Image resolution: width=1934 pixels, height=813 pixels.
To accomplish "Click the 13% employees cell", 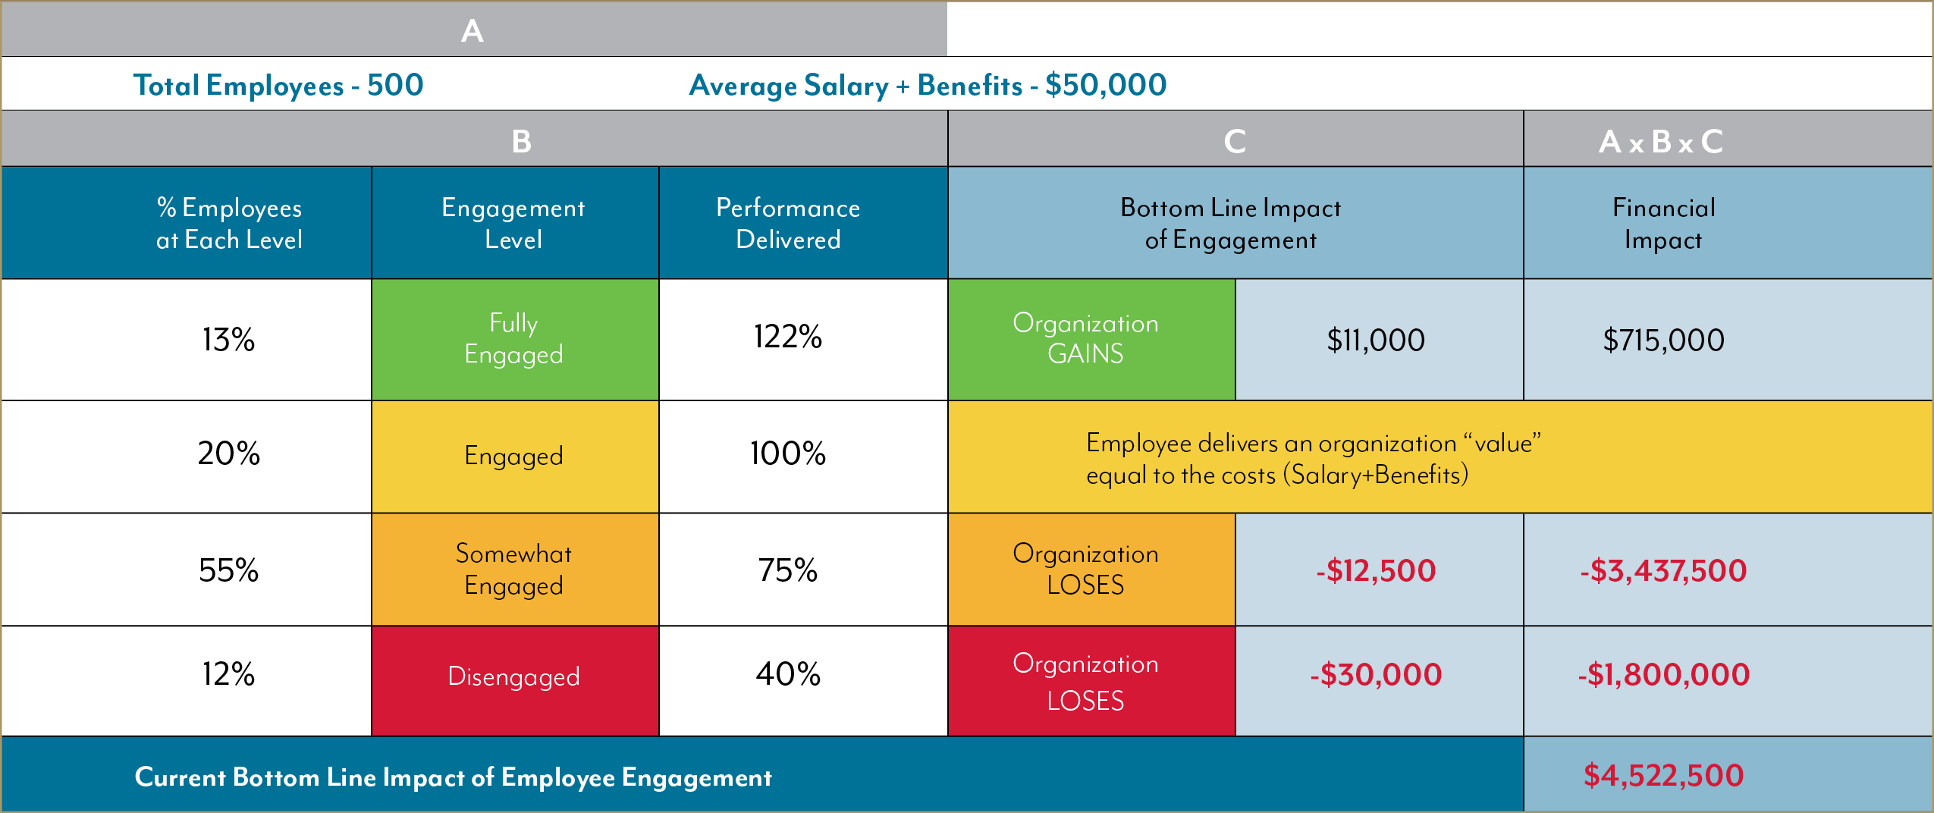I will click(x=228, y=340).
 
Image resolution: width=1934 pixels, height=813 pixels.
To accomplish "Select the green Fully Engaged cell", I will click(x=514, y=339).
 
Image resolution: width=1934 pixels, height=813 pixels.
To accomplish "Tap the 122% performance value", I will click(x=788, y=337).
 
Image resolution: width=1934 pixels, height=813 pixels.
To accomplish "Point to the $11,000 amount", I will click(x=1376, y=341).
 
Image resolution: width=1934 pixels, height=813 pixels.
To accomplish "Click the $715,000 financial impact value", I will click(x=1663, y=341).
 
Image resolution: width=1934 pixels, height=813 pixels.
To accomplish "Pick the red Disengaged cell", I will click(x=514, y=676).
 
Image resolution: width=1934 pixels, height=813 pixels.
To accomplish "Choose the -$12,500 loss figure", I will click(x=1376, y=570).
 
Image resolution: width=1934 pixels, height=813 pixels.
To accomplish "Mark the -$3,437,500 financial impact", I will click(x=1663, y=570).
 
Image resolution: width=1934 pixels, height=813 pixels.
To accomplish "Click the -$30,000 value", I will click(x=1376, y=675).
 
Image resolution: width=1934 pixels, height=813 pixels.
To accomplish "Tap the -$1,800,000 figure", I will click(x=1663, y=675).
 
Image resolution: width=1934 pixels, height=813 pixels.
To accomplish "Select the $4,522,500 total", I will click(x=1663, y=776).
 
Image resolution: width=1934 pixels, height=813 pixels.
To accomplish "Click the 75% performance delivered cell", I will click(x=788, y=570).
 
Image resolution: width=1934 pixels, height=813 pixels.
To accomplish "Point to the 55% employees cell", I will click(x=228, y=570).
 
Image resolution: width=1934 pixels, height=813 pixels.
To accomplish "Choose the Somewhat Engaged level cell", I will click(x=514, y=570).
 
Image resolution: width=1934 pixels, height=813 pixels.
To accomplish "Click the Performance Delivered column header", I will click(x=788, y=223).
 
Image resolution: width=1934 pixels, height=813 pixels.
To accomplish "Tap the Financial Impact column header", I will click(x=1663, y=223).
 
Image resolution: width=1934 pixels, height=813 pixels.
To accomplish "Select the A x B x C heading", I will click(x=1661, y=142).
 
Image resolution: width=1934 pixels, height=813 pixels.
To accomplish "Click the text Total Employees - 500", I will click(x=278, y=85).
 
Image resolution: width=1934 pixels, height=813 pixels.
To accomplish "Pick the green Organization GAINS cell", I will click(x=1085, y=339).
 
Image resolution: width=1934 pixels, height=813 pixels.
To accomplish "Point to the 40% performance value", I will click(x=788, y=674).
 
